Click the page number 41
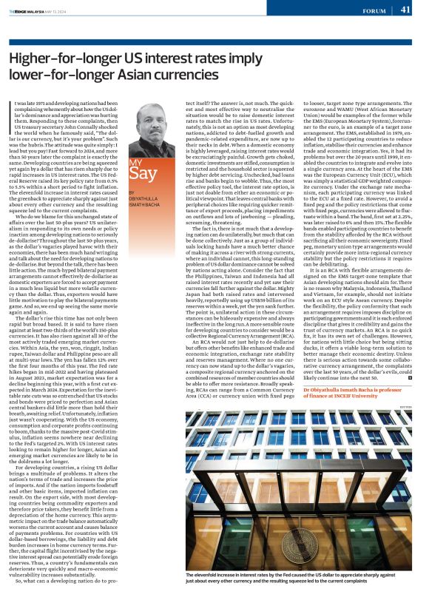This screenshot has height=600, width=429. tap(405, 9)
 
